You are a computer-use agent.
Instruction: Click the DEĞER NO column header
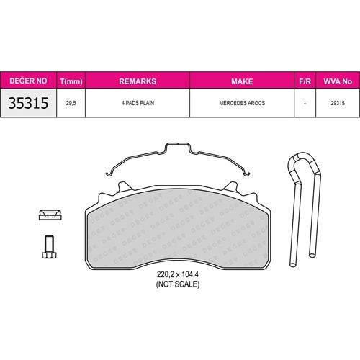coord(28,81)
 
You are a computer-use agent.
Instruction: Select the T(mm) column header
coord(71,81)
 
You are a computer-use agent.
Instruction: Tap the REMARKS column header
coord(138,81)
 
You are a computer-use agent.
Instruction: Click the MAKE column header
coord(242,81)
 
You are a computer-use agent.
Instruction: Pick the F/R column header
coord(305,81)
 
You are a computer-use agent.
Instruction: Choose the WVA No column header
coord(338,81)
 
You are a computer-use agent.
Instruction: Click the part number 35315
coord(28,103)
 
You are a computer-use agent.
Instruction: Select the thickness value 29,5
coord(71,103)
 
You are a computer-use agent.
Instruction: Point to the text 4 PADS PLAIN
coord(138,103)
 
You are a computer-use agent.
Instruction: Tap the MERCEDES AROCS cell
coord(242,103)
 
